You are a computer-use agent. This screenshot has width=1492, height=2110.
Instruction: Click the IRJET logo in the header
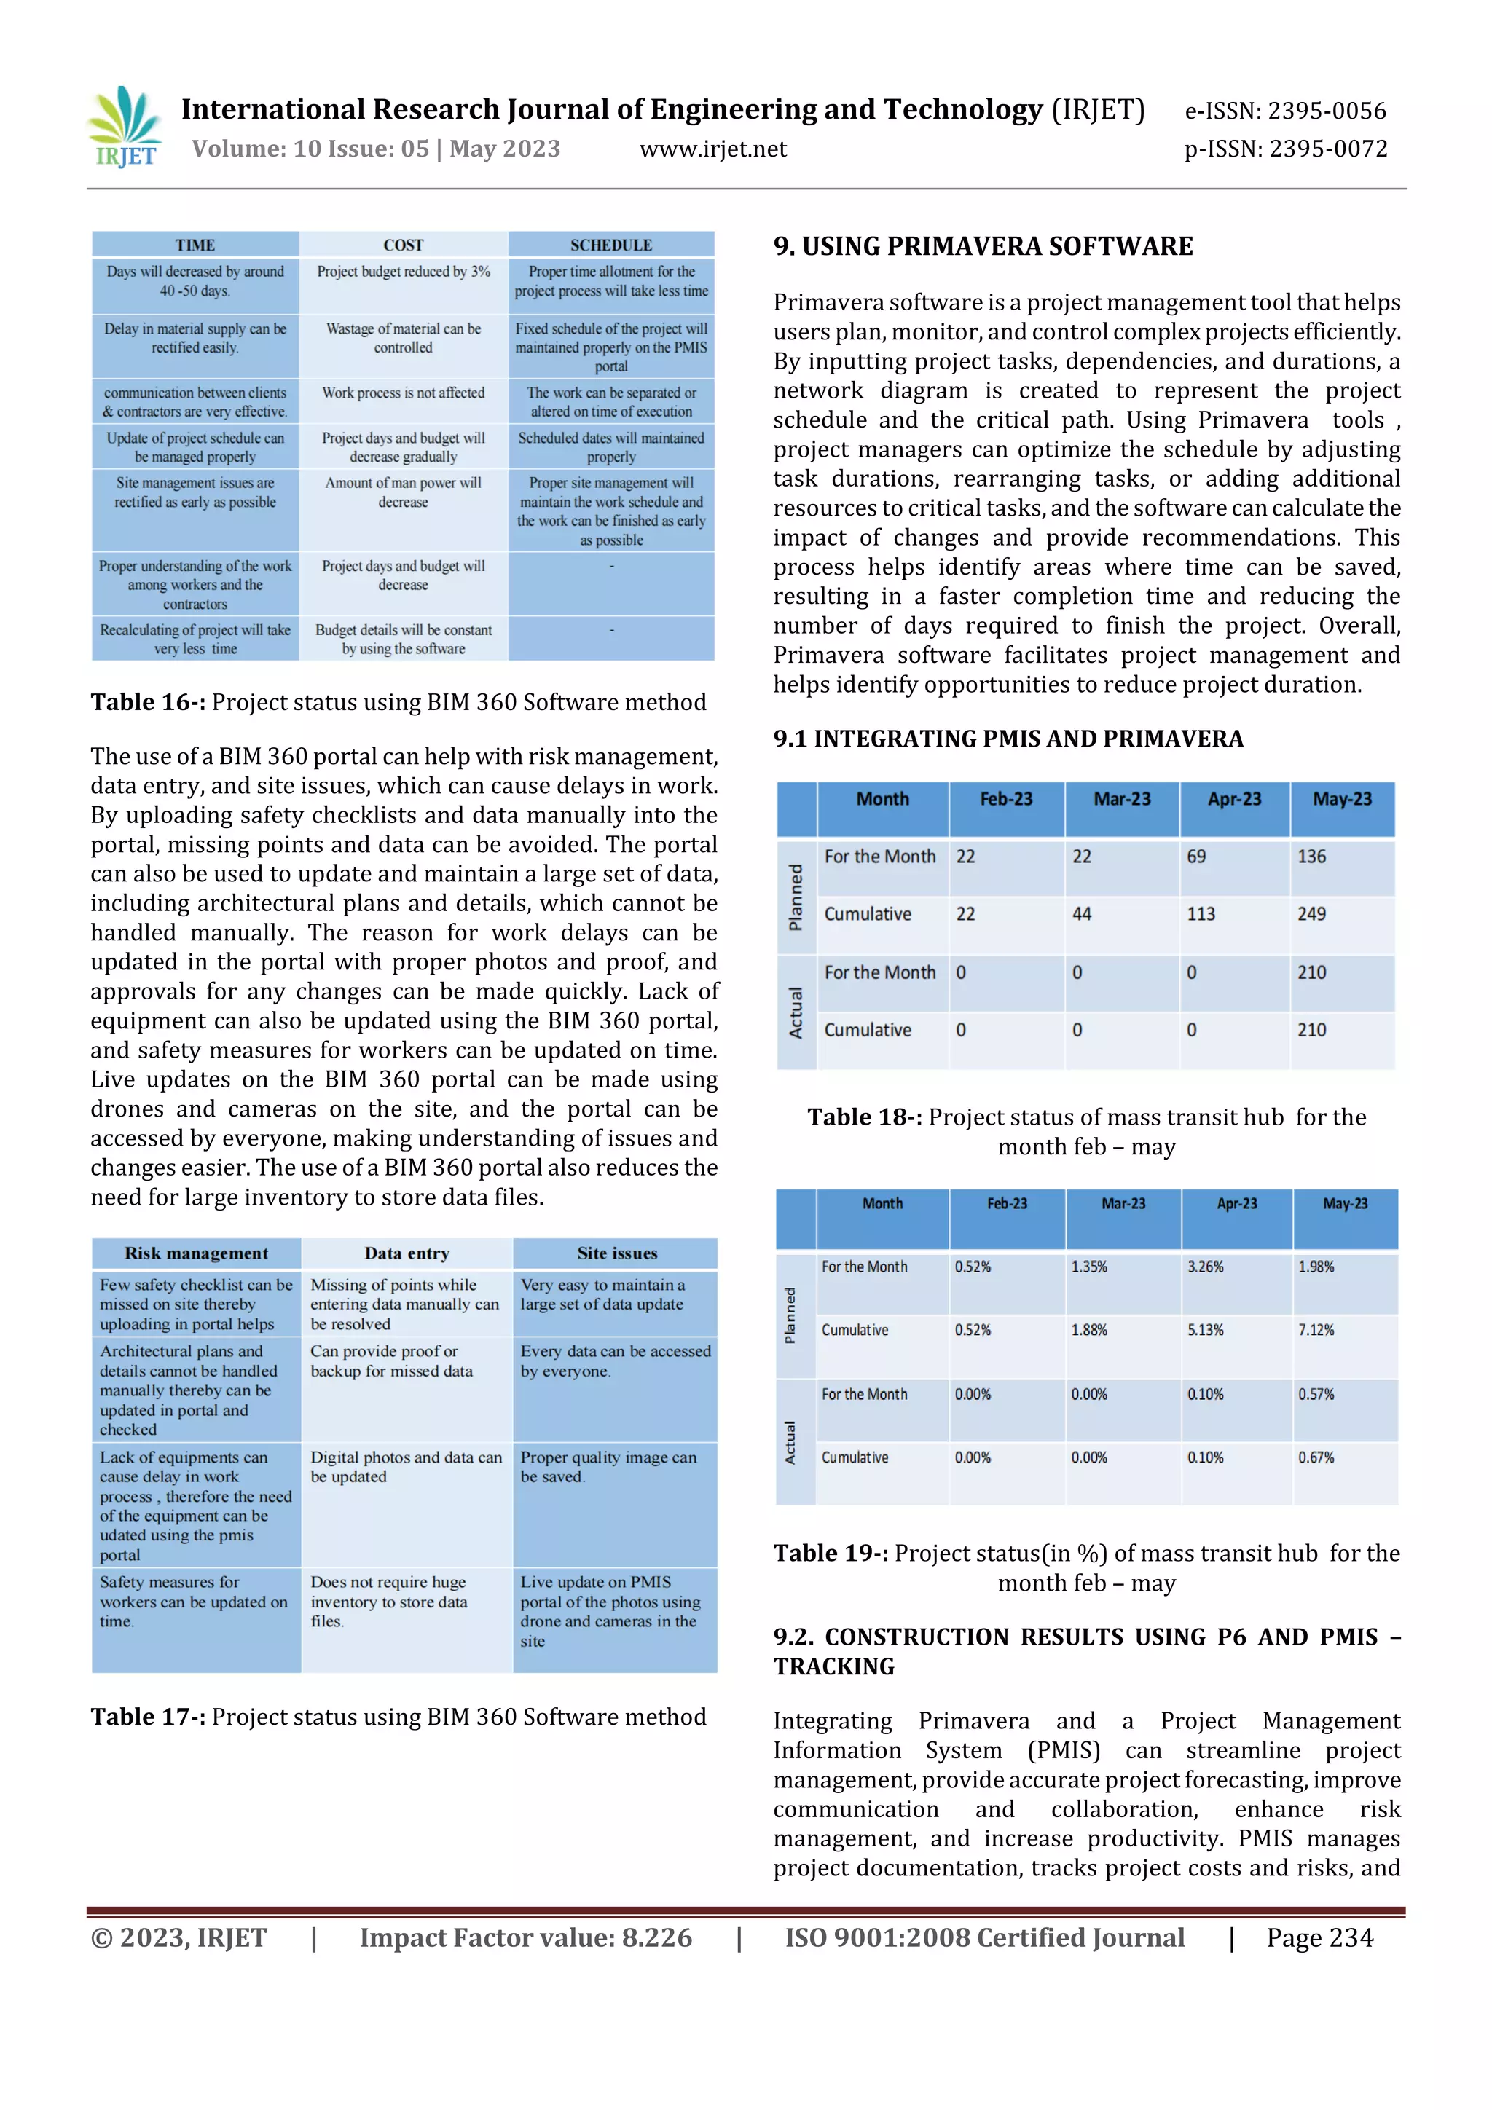click(x=126, y=127)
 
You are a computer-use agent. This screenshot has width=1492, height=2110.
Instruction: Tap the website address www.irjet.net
click(x=712, y=149)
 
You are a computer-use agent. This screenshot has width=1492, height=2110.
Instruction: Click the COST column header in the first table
click(x=403, y=245)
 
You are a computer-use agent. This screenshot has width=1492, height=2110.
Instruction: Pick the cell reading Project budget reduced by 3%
click(x=403, y=272)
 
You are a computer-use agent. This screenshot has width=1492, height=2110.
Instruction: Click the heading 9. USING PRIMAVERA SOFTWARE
click(x=983, y=246)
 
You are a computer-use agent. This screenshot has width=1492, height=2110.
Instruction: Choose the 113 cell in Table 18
click(x=1201, y=914)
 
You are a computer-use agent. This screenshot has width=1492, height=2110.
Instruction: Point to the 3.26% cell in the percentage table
click(x=1204, y=1267)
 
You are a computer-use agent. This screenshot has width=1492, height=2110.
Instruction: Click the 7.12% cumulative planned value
click(x=1316, y=1330)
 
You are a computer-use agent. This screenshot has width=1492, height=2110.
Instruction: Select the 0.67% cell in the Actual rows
click(x=1316, y=1457)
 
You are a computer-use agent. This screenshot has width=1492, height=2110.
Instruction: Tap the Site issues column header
click(x=617, y=1253)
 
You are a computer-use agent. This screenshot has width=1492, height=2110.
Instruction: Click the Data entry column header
click(x=407, y=1253)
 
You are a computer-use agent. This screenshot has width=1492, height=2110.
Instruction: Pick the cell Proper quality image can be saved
click(x=608, y=1467)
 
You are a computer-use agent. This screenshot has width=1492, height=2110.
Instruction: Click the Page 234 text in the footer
click(x=1319, y=1938)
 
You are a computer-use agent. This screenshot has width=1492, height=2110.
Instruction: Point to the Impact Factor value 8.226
click(x=525, y=1938)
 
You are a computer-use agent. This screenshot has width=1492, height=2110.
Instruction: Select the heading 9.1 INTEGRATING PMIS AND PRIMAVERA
click(x=1008, y=739)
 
